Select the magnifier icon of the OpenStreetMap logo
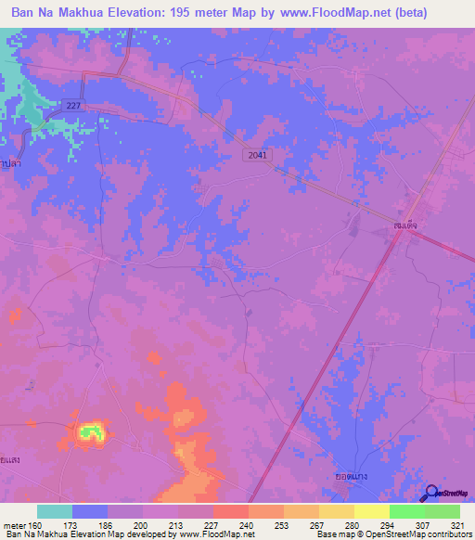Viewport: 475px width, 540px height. (430, 494)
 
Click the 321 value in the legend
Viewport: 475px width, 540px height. (457, 524)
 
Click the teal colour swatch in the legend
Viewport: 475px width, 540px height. (55, 511)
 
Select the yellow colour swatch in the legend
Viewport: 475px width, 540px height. (371, 511)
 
